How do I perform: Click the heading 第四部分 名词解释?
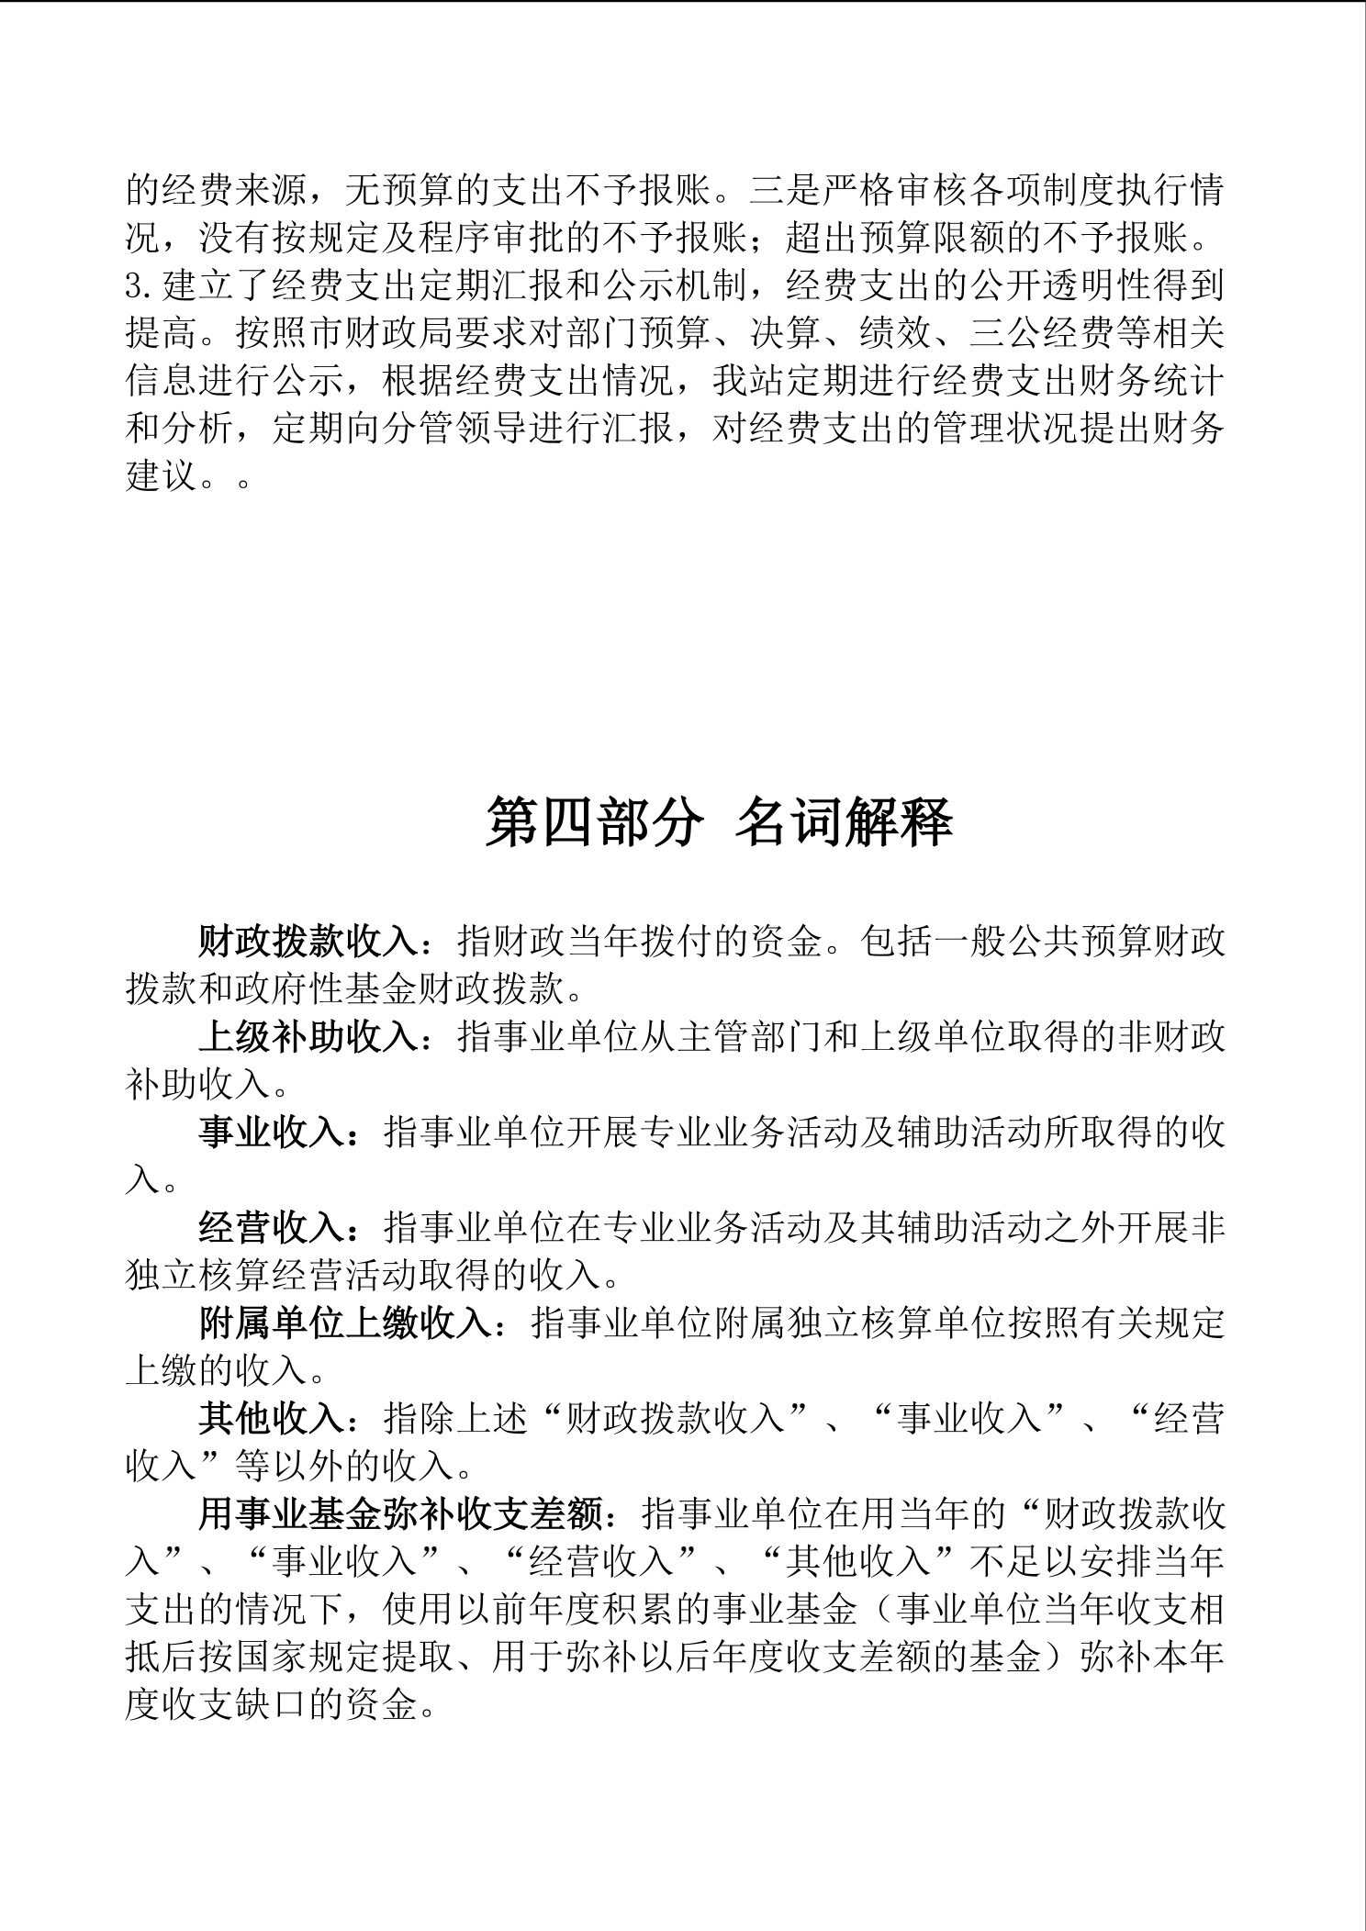[x=719, y=820]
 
